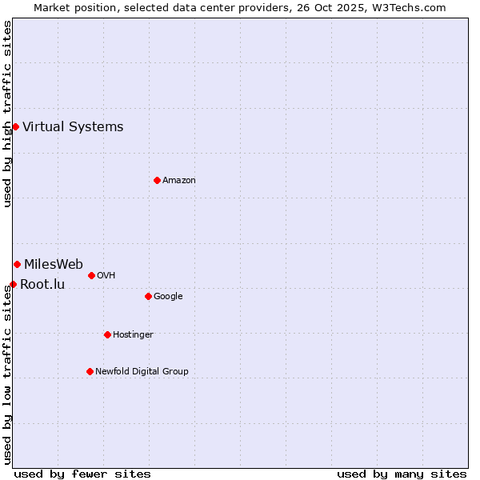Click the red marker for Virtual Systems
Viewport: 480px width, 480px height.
click(15, 126)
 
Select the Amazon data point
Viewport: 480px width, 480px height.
click(157, 180)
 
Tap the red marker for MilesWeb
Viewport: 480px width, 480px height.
click(17, 264)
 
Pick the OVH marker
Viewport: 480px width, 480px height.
click(91, 275)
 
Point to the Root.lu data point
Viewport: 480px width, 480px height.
click(13, 284)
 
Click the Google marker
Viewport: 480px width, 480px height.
click(148, 296)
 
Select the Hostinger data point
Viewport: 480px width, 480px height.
click(107, 334)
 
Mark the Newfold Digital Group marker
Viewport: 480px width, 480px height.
click(90, 371)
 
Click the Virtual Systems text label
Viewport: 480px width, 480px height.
click(73, 126)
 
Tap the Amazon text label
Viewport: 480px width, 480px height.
click(179, 180)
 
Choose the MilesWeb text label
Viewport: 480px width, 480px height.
click(54, 265)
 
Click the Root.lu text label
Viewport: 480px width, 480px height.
click(42, 284)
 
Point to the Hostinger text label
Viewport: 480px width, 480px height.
click(133, 334)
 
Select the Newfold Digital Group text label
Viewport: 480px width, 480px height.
click(142, 371)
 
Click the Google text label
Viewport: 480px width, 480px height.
click(168, 296)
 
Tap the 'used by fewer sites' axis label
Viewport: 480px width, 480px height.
click(82, 474)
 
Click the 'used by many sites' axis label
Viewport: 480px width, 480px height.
click(402, 474)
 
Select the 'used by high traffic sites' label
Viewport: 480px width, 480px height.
click(7, 114)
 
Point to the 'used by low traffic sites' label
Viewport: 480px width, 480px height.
click(7, 376)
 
